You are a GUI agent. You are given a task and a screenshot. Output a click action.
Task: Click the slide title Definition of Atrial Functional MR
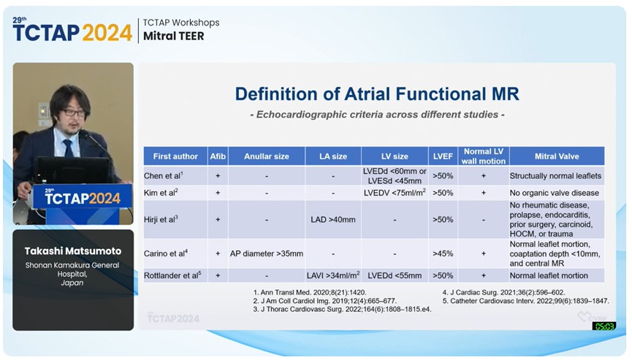pyautogui.click(x=376, y=93)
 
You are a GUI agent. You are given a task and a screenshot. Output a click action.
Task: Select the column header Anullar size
pyautogui.click(x=266, y=156)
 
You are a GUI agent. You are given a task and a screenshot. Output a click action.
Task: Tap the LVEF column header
pyautogui.click(x=443, y=156)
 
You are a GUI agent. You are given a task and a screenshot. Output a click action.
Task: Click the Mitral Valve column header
pyautogui.click(x=556, y=156)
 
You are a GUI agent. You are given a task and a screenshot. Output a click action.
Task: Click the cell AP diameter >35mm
pyautogui.click(x=266, y=253)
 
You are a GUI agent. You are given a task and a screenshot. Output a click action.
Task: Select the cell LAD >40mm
pyautogui.click(x=333, y=219)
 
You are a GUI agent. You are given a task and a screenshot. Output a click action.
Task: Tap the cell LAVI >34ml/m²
pyautogui.click(x=333, y=276)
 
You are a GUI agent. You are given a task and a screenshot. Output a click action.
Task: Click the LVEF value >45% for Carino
pyautogui.click(x=443, y=253)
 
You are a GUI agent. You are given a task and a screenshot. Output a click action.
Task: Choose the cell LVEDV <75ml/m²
pyautogui.click(x=395, y=193)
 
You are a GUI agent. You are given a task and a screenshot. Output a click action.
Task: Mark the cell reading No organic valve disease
pyautogui.click(x=554, y=193)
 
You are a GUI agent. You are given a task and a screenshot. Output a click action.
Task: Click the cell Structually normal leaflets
pyautogui.click(x=555, y=176)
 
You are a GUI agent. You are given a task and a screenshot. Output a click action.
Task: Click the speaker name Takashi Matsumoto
pyautogui.click(x=72, y=250)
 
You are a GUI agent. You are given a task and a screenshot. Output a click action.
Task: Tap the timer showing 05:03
pyautogui.click(x=604, y=326)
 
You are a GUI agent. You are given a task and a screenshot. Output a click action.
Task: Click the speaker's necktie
pyautogui.click(x=68, y=148)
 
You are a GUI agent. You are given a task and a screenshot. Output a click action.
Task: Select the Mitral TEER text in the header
pyautogui.click(x=173, y=35)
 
